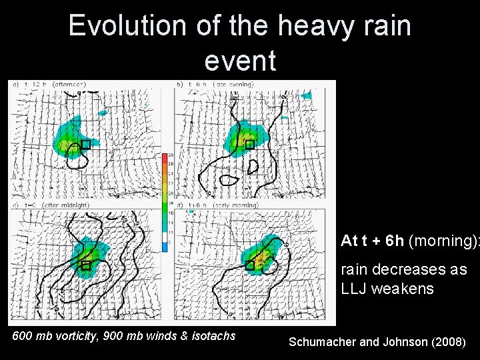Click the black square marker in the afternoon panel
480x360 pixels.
coord(85,145)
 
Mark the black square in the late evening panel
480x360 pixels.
coord(250,145)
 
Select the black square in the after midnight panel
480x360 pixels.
coord(85,265)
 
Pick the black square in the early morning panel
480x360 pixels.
coord(250,265)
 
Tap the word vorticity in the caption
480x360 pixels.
coord(79,336)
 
